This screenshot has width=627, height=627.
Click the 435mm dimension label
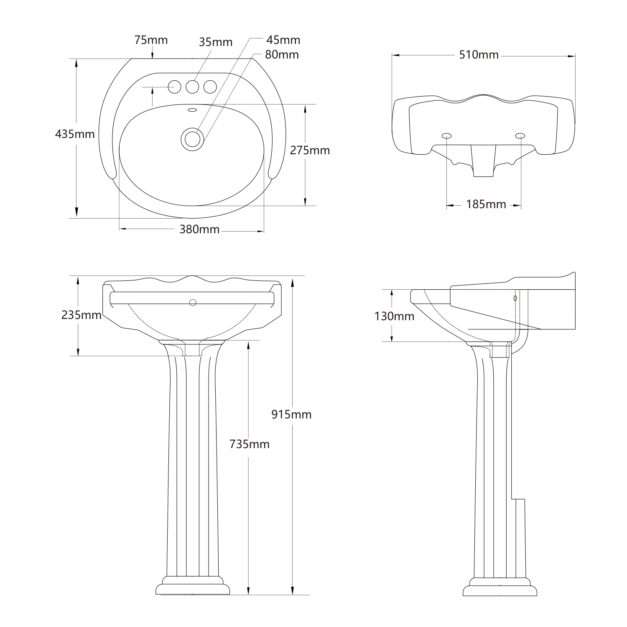(x=75, y=135)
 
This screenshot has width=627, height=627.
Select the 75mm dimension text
(x=151, y=40)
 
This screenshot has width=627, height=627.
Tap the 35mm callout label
(x=215, y=42)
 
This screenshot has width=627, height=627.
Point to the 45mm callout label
(x=283, y=40)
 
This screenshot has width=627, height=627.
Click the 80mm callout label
(x=282, y=55)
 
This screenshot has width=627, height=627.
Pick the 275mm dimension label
(x=310, y=150)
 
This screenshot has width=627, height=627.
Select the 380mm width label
(x=199, y=229)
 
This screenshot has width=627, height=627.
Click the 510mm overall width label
(x=479, y=55)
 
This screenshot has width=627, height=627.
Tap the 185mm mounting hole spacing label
(x=486, y=204)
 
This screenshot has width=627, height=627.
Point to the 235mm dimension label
(x=82, y=315)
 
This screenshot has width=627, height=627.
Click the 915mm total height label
(x=291, y=414)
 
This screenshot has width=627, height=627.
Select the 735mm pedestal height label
(x=249, y=444)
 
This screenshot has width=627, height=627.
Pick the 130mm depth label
(x=394, y=316)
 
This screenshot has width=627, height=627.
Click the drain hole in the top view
(x=192, y=138)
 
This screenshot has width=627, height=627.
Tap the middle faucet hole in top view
(x=192, y=87)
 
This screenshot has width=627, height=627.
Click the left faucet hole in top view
(x=174, y=87)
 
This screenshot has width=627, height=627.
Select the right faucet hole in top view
(x=210, y=87)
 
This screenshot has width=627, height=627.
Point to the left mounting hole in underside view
(x=446, y=135)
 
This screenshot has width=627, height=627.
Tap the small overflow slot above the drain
(x=192, y=110)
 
